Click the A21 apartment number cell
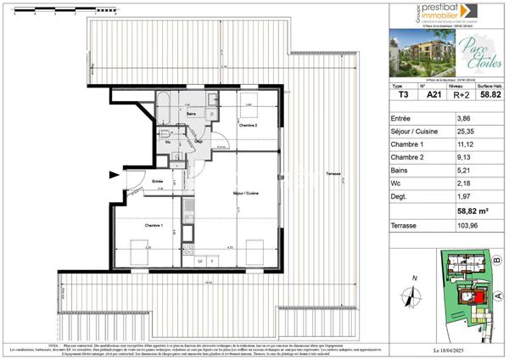(433, 96)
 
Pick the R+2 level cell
(461, 96)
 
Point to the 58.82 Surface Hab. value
(489, 96)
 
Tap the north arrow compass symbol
(413, 295)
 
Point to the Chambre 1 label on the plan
(154, 225)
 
